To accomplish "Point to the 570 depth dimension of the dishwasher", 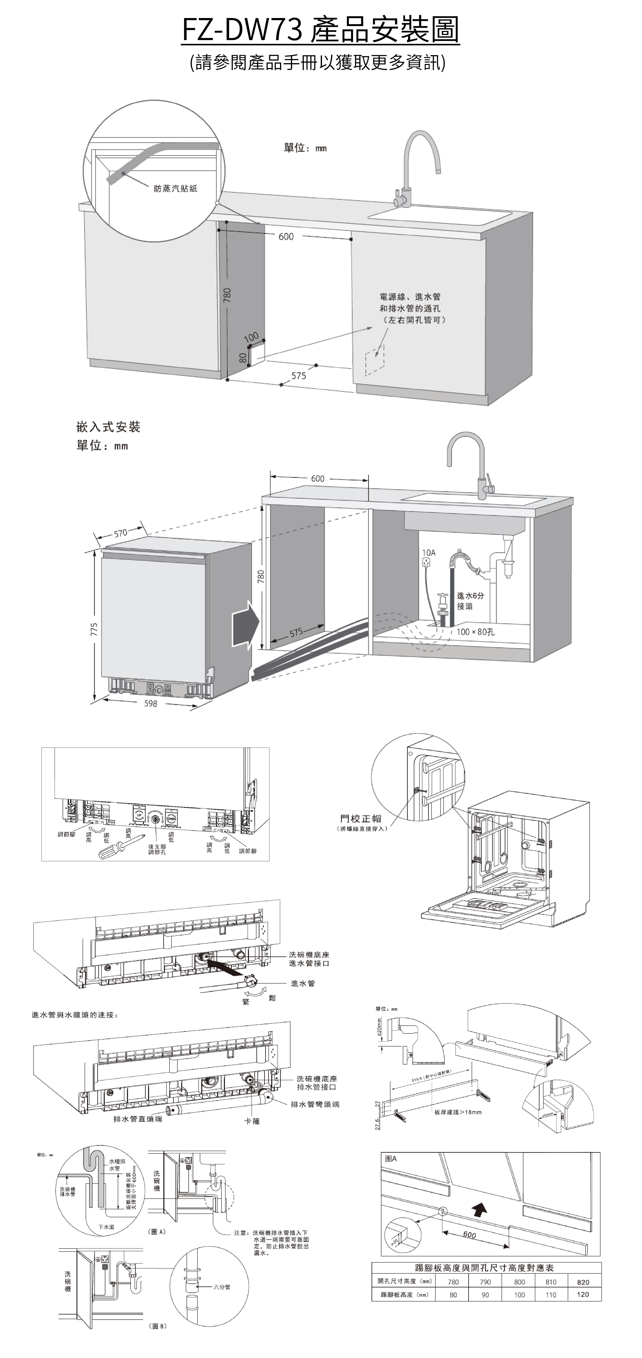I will point(121,533).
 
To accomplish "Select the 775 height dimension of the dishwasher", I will point(94,629).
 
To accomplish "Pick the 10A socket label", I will point(429,553).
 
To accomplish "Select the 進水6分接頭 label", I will point(469,601).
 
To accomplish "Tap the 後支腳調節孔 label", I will point(157,849).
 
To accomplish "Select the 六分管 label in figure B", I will point(221,1287).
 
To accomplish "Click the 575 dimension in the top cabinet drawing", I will point(299,375).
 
